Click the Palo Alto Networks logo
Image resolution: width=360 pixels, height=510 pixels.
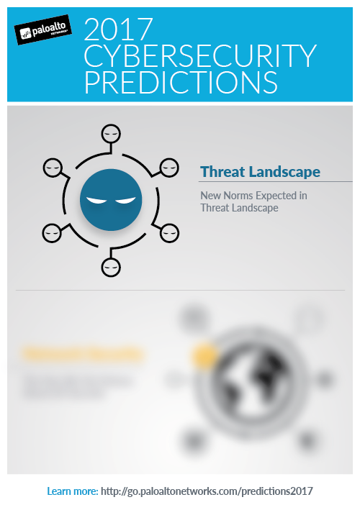pos(43,32)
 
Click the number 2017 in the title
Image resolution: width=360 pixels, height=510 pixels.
pos(119,29)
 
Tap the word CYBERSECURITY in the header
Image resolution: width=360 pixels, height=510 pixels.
pos(200,55)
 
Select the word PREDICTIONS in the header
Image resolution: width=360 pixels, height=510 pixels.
pos(181,81)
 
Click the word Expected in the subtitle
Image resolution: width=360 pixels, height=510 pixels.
pos(284,194)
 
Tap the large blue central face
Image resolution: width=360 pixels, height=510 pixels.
pos(110,199)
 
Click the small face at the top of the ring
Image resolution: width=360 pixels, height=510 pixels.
pos(110,134)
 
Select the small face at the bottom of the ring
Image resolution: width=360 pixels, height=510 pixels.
pos(110,266)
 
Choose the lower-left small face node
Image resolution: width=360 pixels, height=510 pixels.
pos(53,232)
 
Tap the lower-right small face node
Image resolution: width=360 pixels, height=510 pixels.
pos(169,232)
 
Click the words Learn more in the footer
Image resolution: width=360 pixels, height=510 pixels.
pos(72,491)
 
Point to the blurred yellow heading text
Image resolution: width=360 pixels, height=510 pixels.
pos(83,355)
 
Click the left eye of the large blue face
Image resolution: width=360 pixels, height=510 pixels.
pos(96,200)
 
